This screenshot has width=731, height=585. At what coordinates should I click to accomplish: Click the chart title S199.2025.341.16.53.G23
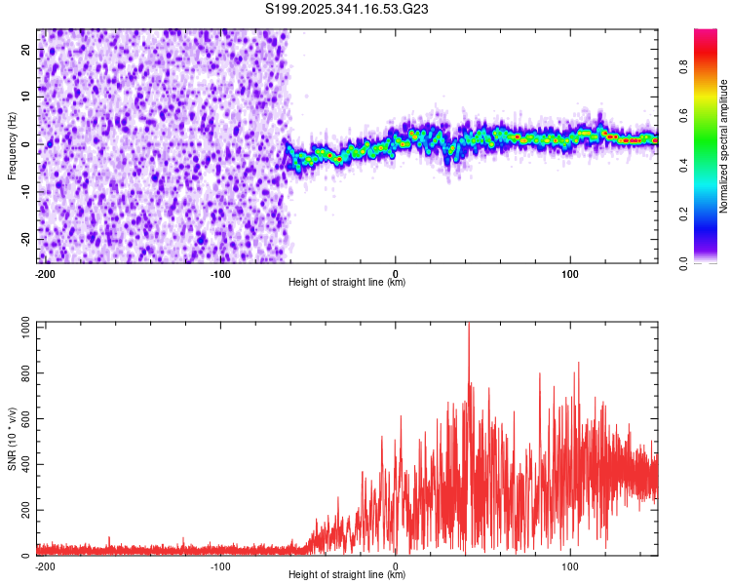tap(348, 10)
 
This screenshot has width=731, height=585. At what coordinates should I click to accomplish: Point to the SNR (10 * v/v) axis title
tap(12, 439)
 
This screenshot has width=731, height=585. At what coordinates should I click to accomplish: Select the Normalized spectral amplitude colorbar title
tap(723, 146)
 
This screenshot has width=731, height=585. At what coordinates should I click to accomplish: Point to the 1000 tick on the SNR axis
tap(19, 329)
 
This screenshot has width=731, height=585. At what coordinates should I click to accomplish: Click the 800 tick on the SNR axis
tap(22, 373)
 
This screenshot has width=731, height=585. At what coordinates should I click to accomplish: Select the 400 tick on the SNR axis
tap(22, 465)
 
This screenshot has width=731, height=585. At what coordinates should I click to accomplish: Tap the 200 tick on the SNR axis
tap(22, 511)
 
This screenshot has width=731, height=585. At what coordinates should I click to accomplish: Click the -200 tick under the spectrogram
tap(44, 273)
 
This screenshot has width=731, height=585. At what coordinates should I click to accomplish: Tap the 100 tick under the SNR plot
tap(570, 565)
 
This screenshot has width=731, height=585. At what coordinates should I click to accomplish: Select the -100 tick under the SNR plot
tap(220, 565)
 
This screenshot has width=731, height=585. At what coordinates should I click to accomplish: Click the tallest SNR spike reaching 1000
tap(469, 326)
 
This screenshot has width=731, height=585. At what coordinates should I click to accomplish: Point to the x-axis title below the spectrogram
tap(347, 283)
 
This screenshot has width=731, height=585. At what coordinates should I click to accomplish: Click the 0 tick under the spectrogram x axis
tap(396, 273)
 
